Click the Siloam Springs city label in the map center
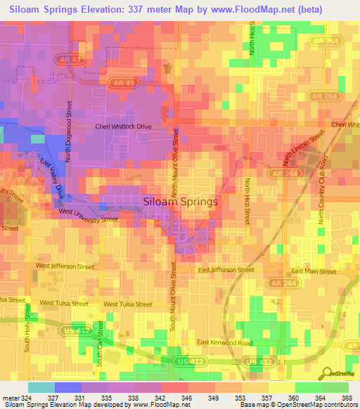click(x=180, y=201)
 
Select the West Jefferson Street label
click(x=65, y=266)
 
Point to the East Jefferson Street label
click(x=226, y=270)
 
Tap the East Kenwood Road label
click(x=224, y=342)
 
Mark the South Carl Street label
click(x=100, y=342)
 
